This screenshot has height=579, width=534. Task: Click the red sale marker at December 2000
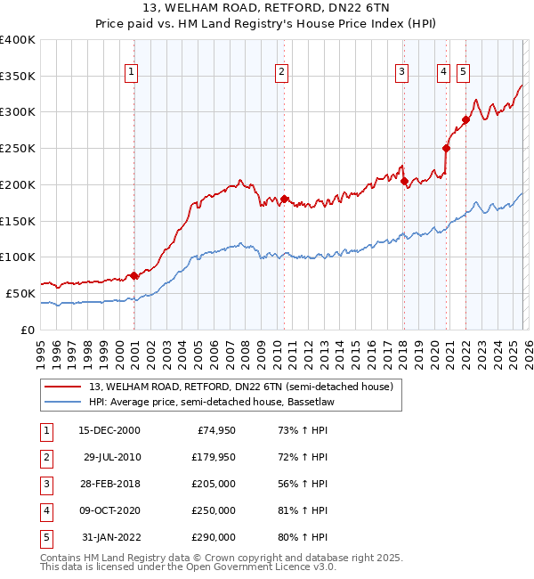pyautogui.click(x=133, y=275)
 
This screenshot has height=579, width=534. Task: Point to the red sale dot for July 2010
pyautogui.click(x=284, y=199)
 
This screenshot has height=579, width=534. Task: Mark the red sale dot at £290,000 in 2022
pyautogui.click(x=465, y=119)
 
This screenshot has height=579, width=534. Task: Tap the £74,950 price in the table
pyautogui.click(x=214, y=430)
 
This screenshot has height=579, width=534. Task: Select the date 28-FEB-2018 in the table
pyautogui.click(x=111, y=484)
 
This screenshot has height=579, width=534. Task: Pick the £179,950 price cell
pyautogui.click(x=214, y=457)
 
